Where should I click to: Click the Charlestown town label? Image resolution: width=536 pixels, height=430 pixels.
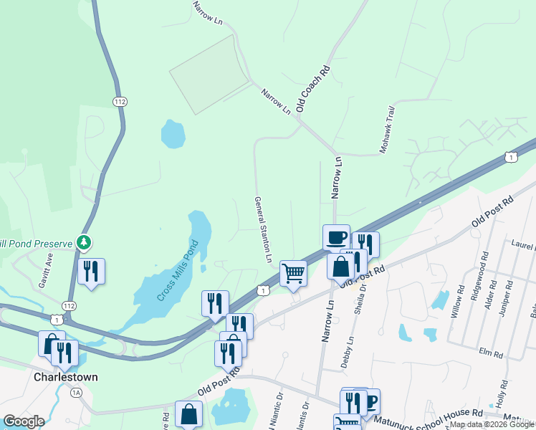point(65,377)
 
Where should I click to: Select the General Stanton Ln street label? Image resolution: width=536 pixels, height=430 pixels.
point(263,229)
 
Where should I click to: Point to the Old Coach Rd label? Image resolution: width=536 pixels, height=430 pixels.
point(313,88)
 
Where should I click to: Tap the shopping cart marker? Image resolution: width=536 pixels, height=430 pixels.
point(293,272)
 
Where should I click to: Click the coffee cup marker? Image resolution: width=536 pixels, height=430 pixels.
point(336,236)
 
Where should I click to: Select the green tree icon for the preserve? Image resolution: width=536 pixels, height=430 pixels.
point(85,242)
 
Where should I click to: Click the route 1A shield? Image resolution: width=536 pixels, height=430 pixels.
point(77,392)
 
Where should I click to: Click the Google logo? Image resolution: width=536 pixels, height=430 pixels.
point(24,421)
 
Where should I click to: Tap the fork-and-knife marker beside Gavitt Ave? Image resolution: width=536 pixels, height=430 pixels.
point(91,271)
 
